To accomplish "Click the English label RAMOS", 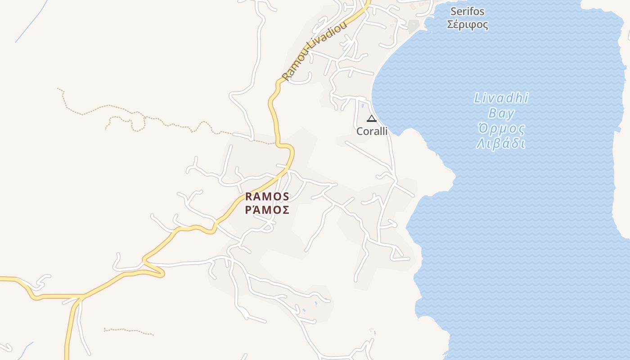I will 267,197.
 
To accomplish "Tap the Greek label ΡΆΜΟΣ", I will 267,210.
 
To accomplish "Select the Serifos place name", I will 467,11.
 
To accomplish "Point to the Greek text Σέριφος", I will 467,24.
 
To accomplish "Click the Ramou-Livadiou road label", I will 315,50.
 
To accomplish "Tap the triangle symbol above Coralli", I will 372,119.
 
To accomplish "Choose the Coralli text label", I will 372,131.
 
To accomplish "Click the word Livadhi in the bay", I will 501,98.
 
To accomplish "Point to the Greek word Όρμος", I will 501,129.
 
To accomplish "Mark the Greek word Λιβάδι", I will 501,144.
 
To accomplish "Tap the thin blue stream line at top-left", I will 31,22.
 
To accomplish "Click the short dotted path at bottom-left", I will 128,332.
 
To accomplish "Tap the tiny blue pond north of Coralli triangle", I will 363,106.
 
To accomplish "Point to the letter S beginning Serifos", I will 453,11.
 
